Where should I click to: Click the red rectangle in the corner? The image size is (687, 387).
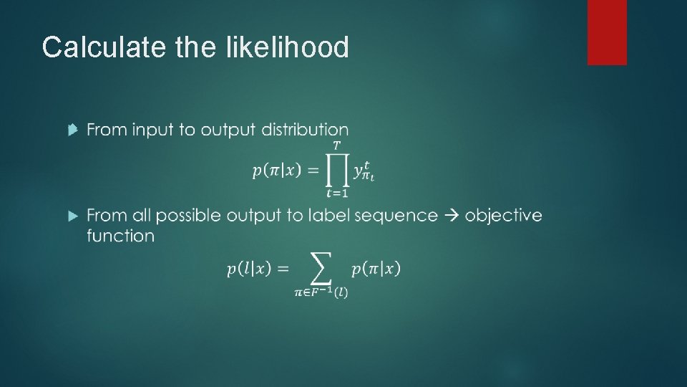click(x=607, y=32)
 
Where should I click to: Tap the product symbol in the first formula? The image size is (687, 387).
click(x=337, y=171)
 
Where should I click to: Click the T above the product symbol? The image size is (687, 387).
click(x=336, y=146)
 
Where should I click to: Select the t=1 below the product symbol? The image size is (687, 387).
click(x=336, y=193)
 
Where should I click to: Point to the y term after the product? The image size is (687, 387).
click(x=363, y=172)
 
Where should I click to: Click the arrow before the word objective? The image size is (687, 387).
click(x=452, y=215)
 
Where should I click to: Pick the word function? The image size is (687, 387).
click(x=120, y=236)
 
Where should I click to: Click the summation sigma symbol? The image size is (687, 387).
click(x=321, y=269)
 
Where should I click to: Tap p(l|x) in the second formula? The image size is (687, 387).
click(x=249, y=269)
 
